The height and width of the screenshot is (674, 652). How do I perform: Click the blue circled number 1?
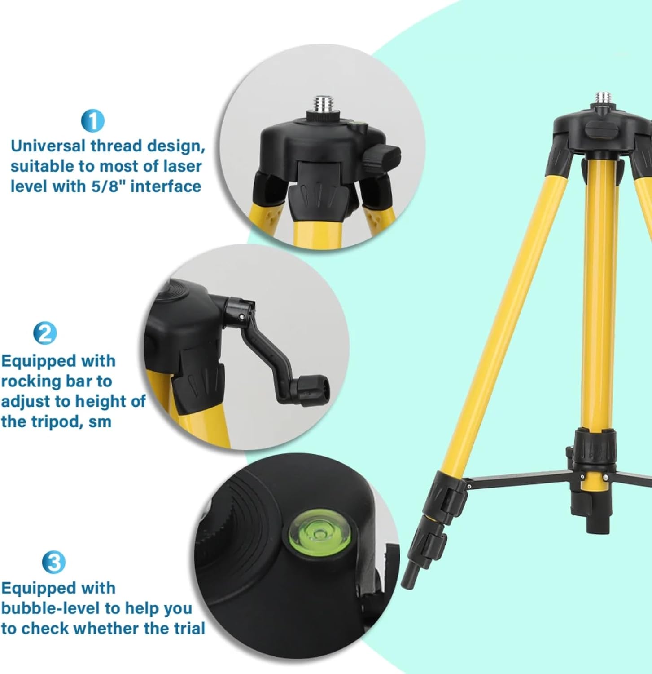(93, 121)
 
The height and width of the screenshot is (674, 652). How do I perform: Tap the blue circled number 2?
(45, 333)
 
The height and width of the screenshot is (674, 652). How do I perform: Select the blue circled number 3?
(53, 562)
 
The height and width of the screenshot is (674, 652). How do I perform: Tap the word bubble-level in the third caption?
(50, 608)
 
